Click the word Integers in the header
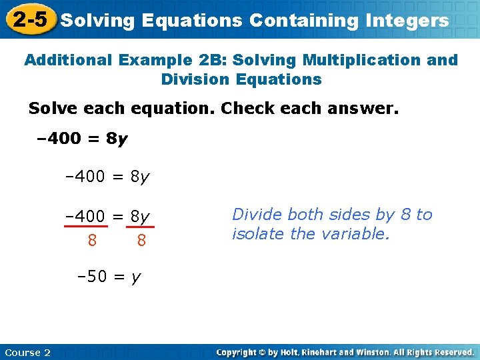point(407,21)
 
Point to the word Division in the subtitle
point(194,79)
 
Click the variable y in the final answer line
point(136,277)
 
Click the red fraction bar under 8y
point(140,227)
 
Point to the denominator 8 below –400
point(91,240)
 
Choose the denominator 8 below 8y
point(141,240)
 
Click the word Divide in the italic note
point(255,215)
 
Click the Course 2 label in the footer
point(27,352)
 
